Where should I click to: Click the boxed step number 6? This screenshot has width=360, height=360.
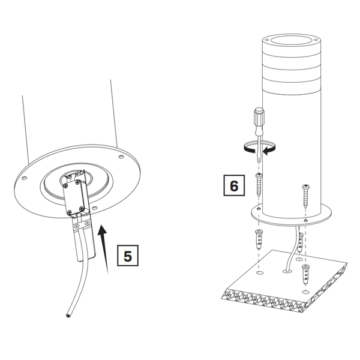(233, 185)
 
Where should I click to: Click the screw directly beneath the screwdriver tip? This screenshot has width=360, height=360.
(259, 182)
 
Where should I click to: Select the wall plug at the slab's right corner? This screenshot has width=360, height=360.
(306, 273)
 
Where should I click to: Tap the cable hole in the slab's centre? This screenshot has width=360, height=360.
(284, 271)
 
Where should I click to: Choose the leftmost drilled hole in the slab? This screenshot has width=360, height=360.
(259, 273)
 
